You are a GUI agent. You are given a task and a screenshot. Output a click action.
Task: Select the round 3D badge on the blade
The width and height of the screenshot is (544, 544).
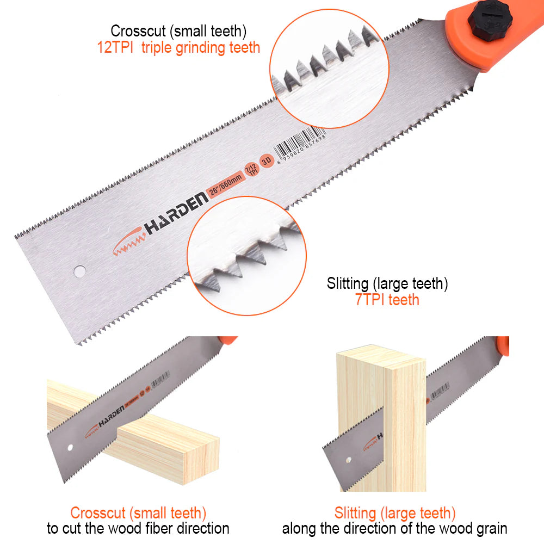[266, 162]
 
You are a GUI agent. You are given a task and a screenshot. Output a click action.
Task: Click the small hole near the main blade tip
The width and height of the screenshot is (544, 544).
[79, 270]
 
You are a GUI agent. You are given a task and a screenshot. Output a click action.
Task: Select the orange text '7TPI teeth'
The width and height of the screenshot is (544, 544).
[387, 300]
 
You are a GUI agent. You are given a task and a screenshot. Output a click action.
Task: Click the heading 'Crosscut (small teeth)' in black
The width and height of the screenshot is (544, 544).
[177, 31]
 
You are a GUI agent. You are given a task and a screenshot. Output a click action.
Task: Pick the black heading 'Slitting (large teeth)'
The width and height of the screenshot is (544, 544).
[387, 283]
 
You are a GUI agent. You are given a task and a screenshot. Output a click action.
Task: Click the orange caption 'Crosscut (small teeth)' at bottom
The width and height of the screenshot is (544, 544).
[138, 512]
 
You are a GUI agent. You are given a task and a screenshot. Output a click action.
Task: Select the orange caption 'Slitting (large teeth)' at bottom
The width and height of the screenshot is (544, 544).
[395, 512]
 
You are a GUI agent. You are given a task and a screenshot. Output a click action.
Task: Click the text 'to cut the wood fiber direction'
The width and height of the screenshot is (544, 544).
[138, 528]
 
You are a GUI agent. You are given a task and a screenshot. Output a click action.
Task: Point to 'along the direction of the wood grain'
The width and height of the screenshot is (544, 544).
[395, 528]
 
